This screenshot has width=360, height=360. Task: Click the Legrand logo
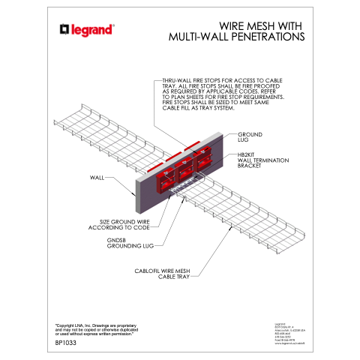click(87, 30)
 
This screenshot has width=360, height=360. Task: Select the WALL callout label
click(97, 178)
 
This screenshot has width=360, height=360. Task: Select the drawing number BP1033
click(67, 343)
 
